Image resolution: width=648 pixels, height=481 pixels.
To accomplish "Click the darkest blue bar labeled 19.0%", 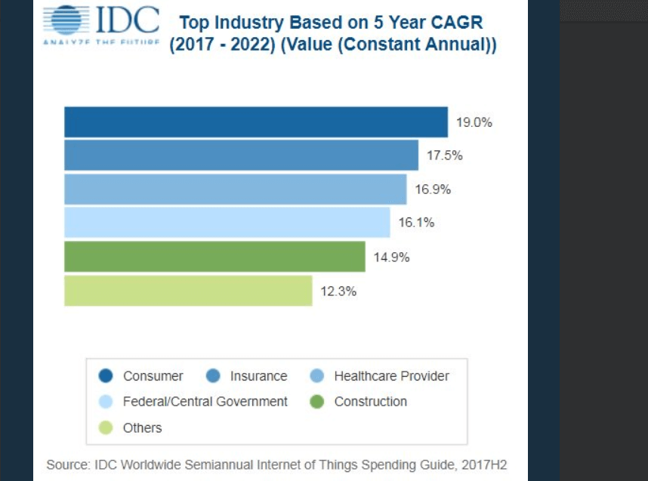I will [x=255, y=122].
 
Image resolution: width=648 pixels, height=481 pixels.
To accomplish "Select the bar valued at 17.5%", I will [x=241, y=156].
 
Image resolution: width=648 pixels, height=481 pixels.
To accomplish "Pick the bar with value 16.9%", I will [x=235, y=190].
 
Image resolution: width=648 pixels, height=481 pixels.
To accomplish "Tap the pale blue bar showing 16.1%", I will [x=227, y=223].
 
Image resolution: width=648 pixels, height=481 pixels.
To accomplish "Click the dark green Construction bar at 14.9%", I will [x=214, y=257].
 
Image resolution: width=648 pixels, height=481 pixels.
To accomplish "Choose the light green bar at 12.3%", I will [x=188, y=291].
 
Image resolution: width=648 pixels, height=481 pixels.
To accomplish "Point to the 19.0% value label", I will [x=474, y=122].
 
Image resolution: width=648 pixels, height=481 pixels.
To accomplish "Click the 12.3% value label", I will [x=338, y=291].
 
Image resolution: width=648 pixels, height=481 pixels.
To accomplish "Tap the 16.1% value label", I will [x=416, y=224].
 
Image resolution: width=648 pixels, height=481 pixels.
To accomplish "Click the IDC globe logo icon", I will [x=67, y=21].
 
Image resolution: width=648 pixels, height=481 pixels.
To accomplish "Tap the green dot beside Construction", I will [x=318, y=402].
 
